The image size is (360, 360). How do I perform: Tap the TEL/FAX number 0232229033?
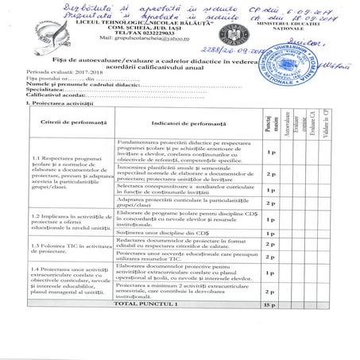[x=144, y=30]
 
